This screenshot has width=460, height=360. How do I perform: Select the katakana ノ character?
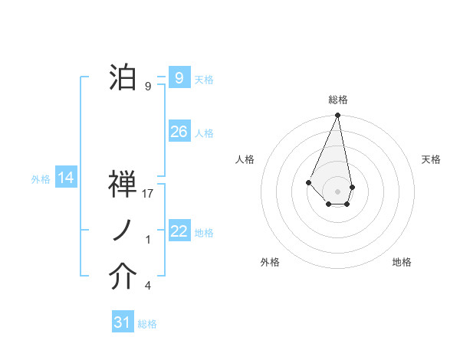tap(123, 231)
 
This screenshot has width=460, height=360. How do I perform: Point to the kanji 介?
tap(123, 277)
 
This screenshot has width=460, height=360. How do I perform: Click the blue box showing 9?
tap(179, 77)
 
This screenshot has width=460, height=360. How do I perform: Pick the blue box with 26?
tap(179, 132)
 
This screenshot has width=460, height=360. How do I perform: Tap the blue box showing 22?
tap(179, 231)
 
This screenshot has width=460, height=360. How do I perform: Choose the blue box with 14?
tap(66, 178)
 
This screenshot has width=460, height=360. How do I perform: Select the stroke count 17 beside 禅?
tap(149, 193)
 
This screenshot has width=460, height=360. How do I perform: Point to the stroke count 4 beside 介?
tap(148, 286)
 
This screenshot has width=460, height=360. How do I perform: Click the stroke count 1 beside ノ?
tap(148, 240)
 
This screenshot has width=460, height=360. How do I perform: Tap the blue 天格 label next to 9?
tap(204, 79)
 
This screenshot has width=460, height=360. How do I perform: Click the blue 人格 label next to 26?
tap(204, 133)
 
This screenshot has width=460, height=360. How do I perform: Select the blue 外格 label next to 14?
tap(41, 179)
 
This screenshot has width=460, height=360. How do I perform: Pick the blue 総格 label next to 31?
tap(147, 324)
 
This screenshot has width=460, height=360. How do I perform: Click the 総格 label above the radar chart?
tap(338, 100)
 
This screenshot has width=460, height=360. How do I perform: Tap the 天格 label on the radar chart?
tap(432, 159)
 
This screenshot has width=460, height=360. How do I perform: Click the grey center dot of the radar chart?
tap(338, 191)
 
